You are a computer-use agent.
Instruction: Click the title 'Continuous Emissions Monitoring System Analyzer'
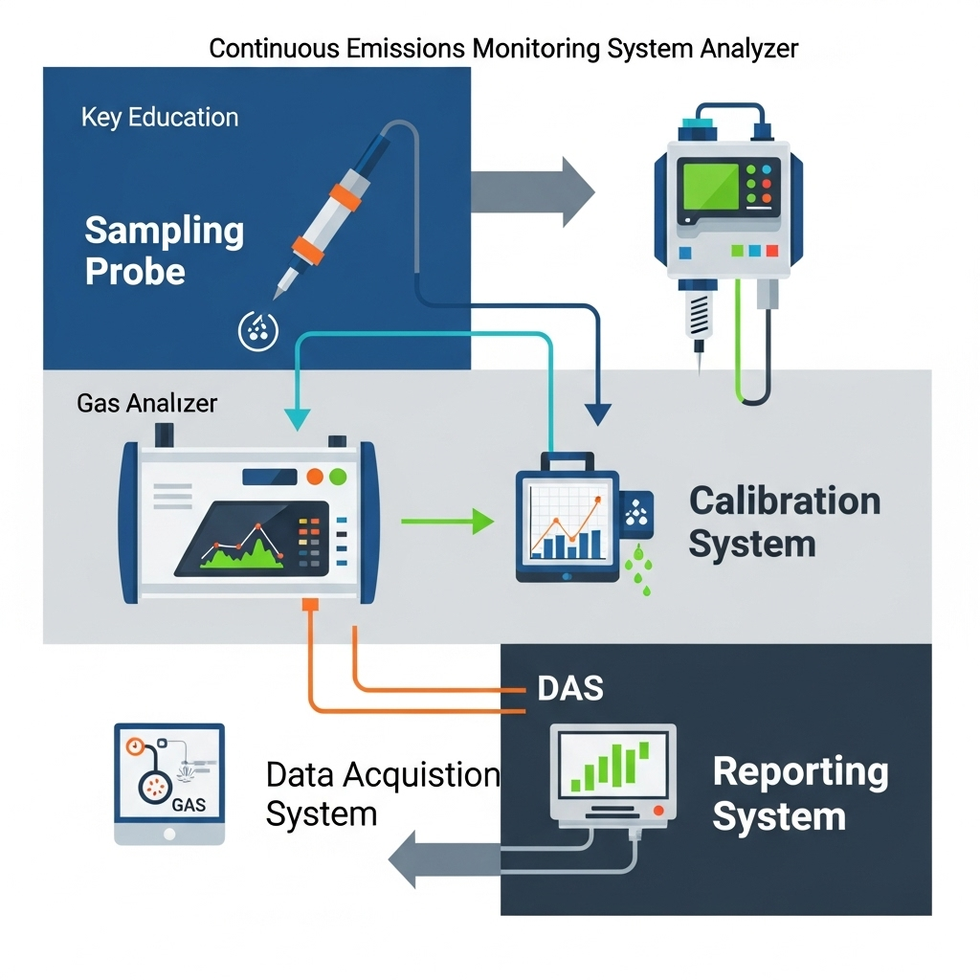[x=503, y=49]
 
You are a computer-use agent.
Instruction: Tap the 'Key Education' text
[x=160, y=118]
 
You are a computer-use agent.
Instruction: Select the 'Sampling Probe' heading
[x=164, y=251]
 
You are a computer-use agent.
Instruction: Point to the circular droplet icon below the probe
[x=256, y=329]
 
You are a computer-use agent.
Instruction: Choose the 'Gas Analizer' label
[x=146, y=403]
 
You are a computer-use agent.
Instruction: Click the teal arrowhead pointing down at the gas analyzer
[x=299, y=416]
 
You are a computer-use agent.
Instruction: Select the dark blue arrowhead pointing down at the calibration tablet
[x=597, y=413]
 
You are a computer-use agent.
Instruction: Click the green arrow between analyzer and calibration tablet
[x=447, y=522]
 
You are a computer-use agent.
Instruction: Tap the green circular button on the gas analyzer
[x=337, y=476]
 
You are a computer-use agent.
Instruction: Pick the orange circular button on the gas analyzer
[x=313, y=476]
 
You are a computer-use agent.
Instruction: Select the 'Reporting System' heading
[x=800, y=793]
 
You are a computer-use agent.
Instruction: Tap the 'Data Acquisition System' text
[x=382, y=794]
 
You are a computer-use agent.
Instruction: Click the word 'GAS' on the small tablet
[x=189, y=804]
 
